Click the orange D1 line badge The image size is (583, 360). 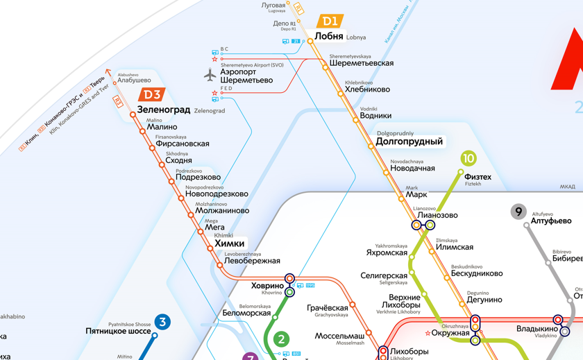coord(330,22)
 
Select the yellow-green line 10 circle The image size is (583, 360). coord(468,159)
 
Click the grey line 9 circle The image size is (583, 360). coord(518,212)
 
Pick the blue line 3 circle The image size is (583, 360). coord(162,322)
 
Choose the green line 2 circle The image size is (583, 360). coord(281,339)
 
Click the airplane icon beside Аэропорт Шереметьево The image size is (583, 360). coord(210,75)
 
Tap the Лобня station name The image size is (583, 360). coord(329,36)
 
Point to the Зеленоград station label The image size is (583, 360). coord(164,110)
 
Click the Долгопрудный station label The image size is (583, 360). coord(409,142)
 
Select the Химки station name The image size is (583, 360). coord(229,243)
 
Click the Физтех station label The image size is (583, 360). coord(478,177)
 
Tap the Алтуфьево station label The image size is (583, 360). coord(551,221)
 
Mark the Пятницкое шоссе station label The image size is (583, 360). coord(118,331)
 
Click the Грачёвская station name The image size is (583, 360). coord(327,307)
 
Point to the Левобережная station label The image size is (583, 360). coord(252,261)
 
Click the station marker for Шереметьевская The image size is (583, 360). coord(325,67)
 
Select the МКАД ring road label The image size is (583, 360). coord(567,187)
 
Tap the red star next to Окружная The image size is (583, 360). coord(428,334)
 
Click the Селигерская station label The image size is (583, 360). coord(383,275)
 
